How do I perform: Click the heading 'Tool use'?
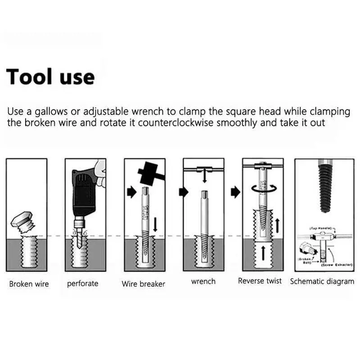coord(50,76)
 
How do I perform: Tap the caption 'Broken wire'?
coord(29,284)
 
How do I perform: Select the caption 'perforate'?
coord(83,283)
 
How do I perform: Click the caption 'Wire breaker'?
coord(143,284)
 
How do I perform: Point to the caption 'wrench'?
coord(203,281)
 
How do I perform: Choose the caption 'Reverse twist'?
coord(260,281)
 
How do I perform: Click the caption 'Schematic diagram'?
coord(322,281)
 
